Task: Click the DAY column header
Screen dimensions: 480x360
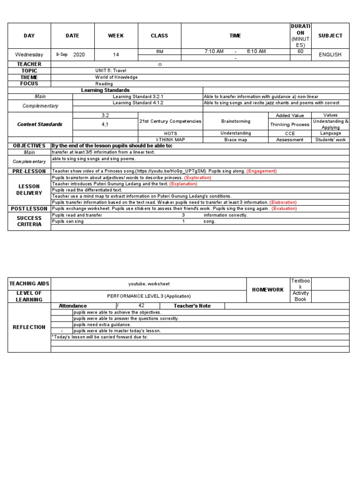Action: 30,36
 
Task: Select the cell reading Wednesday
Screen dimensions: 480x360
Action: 30,54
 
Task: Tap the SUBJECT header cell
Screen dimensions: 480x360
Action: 330,36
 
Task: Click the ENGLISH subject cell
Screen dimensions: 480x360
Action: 330,54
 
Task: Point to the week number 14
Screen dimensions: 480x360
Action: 116,54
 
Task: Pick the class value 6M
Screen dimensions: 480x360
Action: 159,51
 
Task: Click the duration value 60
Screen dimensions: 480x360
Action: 300,51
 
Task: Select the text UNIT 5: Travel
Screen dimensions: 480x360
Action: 111,71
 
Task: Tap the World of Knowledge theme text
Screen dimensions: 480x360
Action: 116,77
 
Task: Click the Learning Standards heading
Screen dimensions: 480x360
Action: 105,90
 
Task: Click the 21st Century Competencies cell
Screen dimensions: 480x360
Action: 170,121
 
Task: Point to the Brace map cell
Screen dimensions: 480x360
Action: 235,140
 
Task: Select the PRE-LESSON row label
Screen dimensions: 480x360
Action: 30,172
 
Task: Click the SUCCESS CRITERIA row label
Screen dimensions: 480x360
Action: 30,221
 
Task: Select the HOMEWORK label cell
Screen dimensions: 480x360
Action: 268,290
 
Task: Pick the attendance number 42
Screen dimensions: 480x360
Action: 142,306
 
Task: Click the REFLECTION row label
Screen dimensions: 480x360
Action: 30,327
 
